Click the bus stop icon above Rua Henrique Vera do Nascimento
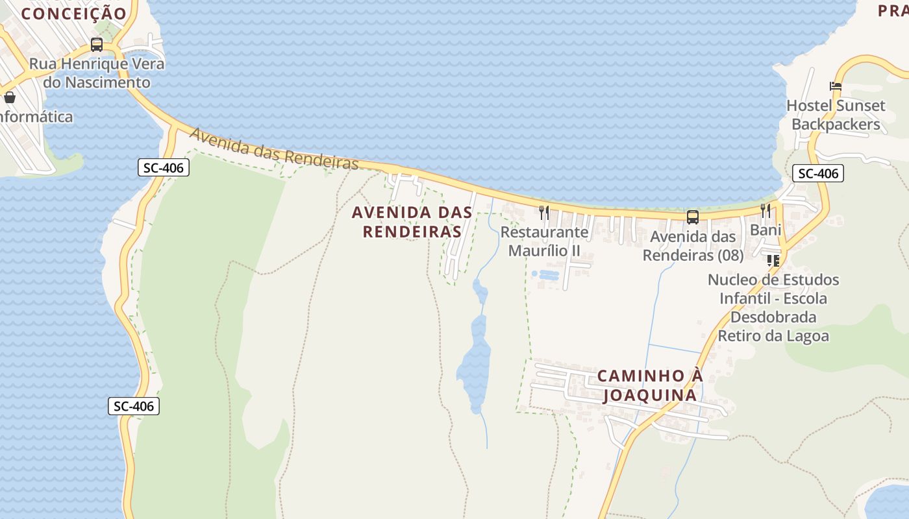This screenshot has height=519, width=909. pyautogui.click(x=97, y=45)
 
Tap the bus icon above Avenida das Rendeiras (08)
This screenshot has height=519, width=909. pyautogui.click(x=693, y=217)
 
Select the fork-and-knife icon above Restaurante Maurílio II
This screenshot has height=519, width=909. pyautogui.click(x=544, y=212)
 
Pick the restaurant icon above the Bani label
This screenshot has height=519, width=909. pyautogui.click(x=766, y=211)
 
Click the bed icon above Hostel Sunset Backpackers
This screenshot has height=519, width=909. pyautogui.click(x=835, y=86)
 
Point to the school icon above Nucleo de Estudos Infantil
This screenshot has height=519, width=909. pyautogui.click(x=773, y=261)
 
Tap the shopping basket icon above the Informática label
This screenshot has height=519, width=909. pyautogui.click(x=10, y=98)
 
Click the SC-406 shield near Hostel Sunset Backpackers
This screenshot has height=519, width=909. pyautogui.click(x=817, y=173)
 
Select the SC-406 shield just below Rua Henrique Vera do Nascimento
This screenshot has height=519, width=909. pyautogui.click(x=164, y=167)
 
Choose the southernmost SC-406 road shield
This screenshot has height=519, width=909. pyautogui.click(x=133, y=406)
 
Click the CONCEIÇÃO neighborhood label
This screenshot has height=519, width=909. pyautogui.click(x=73, y=13)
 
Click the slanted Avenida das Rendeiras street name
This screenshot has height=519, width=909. pyautogui.click(x=274, y=150)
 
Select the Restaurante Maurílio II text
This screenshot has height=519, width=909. pyautogui.click(x=544, y=241)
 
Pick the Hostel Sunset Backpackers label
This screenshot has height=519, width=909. pyautogui.click(x=836, y=115)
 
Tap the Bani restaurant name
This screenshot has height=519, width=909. pyautogui.click(x=766, y=230)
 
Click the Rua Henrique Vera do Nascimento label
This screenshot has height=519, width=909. pyautogui.click(x=97, y=73)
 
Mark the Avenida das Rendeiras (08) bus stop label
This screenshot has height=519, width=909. pyautogui.click(x=693, y=246)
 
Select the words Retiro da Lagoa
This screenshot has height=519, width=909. pyautogui.click(x=773, y=336)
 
